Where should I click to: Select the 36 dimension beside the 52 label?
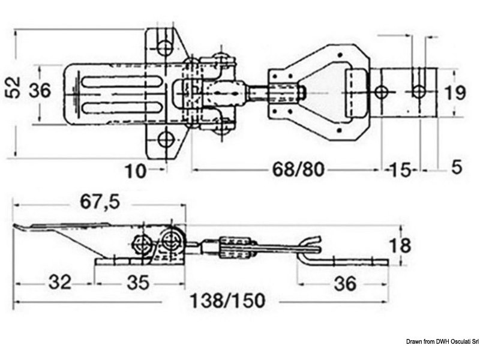coord(40,91)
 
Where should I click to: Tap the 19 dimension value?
coord(456,94)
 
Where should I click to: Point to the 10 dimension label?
coord(136,171)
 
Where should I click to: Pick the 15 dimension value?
coord(401,170)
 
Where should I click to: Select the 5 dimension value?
coord(456,169)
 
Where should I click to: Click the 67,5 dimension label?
coord(98,203)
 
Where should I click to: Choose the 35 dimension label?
coord(139,281)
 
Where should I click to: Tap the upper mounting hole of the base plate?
coord(166,46)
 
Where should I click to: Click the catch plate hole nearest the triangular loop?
coord(382,92)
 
